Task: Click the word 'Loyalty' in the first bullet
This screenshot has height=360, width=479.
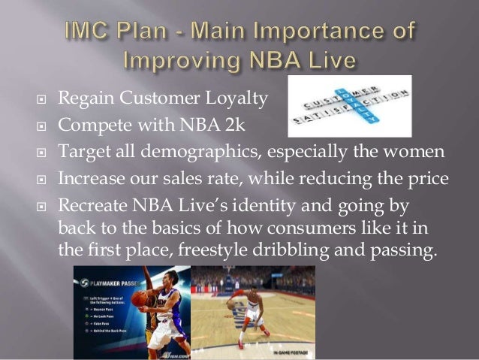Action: pyautogui.click(x=225, y=96)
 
